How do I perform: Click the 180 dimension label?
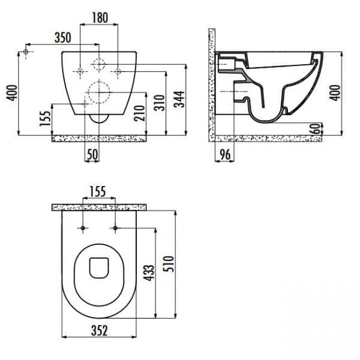pyautogui.click(x=100, y=18)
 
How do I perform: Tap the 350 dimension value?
pyautogui.click(x=62, y=38)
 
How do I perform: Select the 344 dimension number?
pyautogui.click(x=179, y=99)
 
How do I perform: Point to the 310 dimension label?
pyautogui.click(x=160, y=103)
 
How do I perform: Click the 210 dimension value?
pyautogui.click(x=140, y=113)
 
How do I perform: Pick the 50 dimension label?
pyautogui.click(x=92, y=154)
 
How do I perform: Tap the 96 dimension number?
pyautogui.click(x=225, y=154)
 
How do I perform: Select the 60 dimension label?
pyautogui.click(x=317, y=129)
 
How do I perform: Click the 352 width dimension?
pyautogui.click(x=99, y=331)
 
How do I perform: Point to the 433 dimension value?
pyautogui.click(x=149, y=273)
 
